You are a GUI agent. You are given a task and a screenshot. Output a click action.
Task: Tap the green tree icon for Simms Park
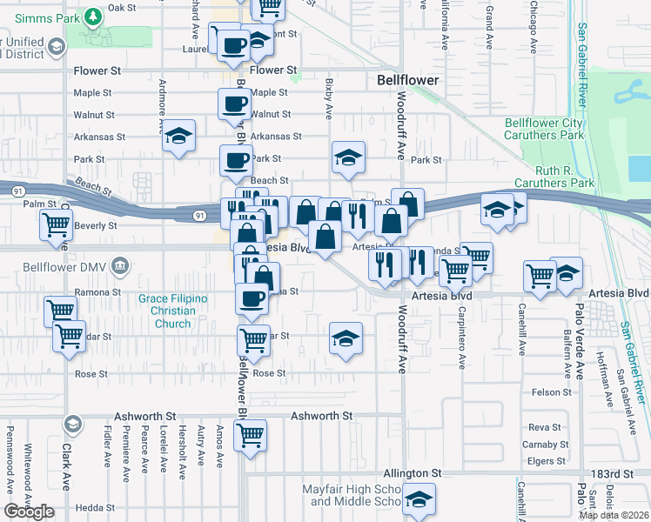click(x=92, y=17)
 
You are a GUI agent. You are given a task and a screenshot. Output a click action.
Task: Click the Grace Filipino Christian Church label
click(x=173, y=311)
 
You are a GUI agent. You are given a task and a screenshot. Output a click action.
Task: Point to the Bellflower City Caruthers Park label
click(x=544, y=129)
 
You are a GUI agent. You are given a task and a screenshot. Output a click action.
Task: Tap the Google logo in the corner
click(x=29, y=511)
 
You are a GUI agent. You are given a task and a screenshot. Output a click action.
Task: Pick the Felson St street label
click(x=551, y=392)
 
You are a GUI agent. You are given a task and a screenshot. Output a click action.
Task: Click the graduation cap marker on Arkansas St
click(x=179, y=136)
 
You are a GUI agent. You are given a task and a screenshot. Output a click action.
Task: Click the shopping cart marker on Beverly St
click(x=56, y=224)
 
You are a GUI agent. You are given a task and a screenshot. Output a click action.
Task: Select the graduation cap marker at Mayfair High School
click(x=419, y=499)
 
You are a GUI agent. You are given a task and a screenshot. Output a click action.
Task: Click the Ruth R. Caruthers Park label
click(x=553, y=177)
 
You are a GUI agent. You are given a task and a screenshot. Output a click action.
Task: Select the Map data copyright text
click(x=614, y=515)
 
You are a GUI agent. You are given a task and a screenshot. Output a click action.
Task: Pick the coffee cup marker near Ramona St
click(x=252, y=298)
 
